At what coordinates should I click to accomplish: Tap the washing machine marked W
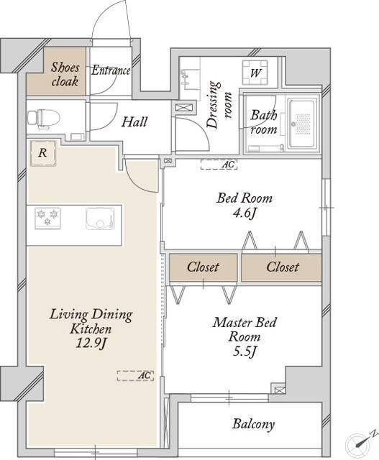pos(255,72)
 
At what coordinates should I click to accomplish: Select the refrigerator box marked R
pos(43,153)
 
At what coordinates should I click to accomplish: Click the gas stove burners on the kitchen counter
pos(47,218)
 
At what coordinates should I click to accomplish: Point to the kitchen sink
pos(100,218)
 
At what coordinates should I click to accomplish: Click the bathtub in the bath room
pos(303,124)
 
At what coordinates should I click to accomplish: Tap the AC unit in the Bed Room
pos(219,165)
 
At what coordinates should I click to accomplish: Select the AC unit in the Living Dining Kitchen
pos(135,375)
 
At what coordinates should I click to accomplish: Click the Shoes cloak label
pos(65,74)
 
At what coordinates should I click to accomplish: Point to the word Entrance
pos(111,70)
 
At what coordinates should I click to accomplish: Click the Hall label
pos(134,121)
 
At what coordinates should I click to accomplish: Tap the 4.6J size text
pos(245,213)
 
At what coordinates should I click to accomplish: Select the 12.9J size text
pos(91,344)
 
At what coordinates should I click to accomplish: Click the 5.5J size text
pos(245,351)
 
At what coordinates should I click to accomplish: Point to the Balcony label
pos(253,424)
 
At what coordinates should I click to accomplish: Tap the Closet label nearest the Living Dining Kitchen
pos(203,267)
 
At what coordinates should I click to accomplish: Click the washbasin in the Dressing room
pos(186,77)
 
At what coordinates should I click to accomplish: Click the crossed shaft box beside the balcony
pos(280,390)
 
